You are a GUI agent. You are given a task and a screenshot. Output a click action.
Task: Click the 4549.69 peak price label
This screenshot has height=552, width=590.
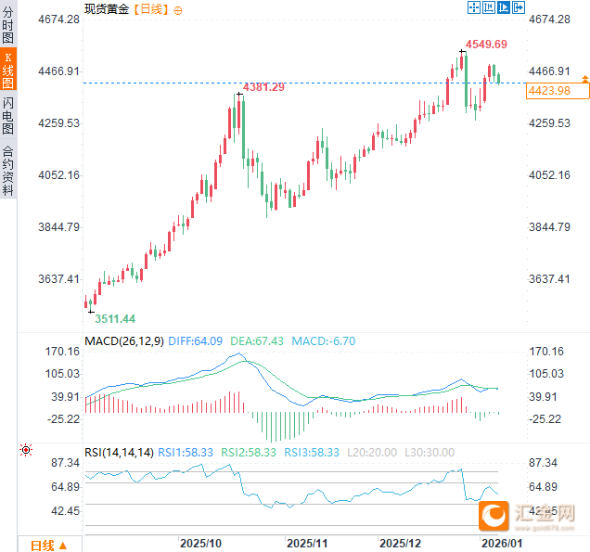[x=486, y=45]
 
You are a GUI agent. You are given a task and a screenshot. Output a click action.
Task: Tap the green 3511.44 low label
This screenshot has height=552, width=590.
[x=115, y=318]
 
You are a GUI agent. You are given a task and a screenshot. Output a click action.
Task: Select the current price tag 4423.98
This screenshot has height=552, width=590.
[x=547, y=90]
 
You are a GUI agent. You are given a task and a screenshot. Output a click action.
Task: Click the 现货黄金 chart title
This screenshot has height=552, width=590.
[x=106, y=8]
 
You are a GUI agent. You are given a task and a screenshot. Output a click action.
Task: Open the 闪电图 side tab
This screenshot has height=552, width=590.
[x=8, y=115]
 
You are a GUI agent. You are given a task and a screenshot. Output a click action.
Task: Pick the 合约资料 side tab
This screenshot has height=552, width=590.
[x=8, y=170]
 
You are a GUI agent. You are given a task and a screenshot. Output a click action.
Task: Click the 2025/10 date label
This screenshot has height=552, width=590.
[x=200, y=543]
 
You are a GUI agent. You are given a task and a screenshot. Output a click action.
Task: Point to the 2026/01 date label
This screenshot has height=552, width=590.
[x=499, y=543]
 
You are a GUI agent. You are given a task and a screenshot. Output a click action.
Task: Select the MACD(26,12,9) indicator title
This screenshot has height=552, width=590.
[x=124, y=341]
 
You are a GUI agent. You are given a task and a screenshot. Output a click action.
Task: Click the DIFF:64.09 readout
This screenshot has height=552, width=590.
[x=197, y=341]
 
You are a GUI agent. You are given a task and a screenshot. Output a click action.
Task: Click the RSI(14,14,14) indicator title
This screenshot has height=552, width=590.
[x=119, y=452]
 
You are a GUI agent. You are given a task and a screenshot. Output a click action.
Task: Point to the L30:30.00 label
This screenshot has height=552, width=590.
[x=429, y=452]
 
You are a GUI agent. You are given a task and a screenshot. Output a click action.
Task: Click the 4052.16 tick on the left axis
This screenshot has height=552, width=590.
[x=58, y=175]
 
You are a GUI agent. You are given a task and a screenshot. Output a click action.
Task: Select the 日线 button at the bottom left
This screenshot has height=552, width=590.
[x=47, y=546]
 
